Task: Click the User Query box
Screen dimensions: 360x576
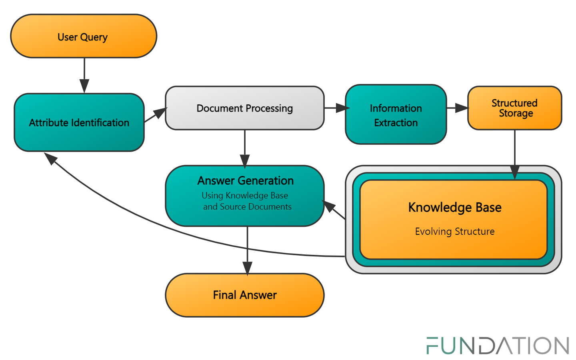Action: coord(83,36)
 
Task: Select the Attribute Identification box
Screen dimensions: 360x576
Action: coord(79,122)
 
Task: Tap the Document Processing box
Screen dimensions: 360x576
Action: coord(244,108)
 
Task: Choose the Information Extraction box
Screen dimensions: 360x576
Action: coord(396,115)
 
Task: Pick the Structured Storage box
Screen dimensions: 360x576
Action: coord(514,108)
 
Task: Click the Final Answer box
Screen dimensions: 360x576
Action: coord(244,295)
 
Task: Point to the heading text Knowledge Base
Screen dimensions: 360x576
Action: coord(454,207)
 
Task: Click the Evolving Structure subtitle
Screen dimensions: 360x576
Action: coord(454,232)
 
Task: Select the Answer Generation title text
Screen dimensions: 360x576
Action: coord(245,181)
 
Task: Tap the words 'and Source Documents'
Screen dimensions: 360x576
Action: coord(247,207)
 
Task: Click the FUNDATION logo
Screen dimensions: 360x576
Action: coord(497,346)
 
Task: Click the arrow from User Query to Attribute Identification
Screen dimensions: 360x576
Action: coord(84,76)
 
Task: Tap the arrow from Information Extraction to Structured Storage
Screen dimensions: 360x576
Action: coord(457,108)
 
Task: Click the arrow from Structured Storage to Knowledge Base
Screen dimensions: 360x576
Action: coord(514,154)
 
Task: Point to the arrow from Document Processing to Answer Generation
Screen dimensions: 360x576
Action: coord(244,148)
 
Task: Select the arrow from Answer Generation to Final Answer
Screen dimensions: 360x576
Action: coord(247,250)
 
